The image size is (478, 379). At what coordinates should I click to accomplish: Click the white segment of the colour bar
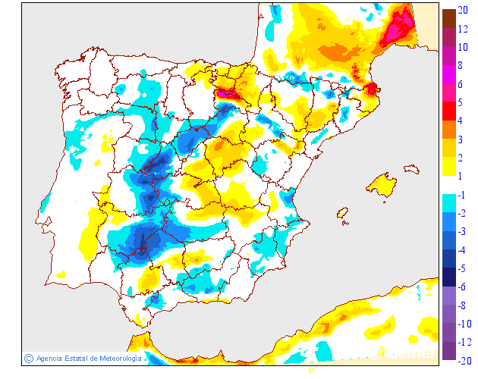(449, 185)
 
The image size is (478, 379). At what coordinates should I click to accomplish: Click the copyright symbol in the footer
(29, 358)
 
